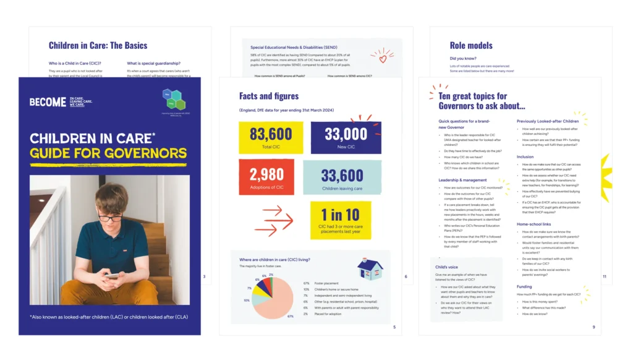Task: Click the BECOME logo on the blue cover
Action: point(48,102)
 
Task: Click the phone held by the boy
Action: point(113,275)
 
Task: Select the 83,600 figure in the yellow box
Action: point(271,134)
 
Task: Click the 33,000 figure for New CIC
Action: point(346,134)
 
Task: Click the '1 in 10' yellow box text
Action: point(340,215)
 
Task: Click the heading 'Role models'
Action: point(471,45)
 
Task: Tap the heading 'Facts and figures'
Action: point(269,96)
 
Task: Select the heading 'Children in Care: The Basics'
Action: point(98,45)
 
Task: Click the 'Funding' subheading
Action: point(524,286)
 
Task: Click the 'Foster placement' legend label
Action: point(325,283)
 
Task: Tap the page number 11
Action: point(604,276)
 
